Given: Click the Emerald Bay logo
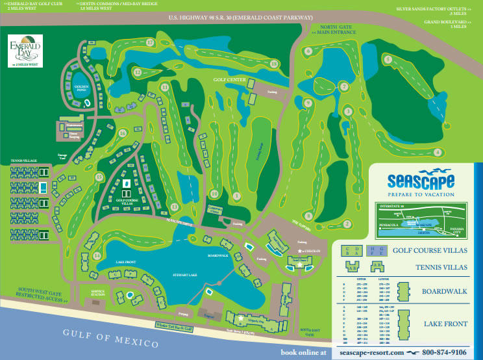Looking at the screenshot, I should tap(25, 51).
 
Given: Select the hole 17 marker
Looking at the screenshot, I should tap(150, 43).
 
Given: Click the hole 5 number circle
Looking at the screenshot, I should tap(388, 59).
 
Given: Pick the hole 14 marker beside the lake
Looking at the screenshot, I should tap(97, 255).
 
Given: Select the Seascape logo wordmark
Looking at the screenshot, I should tap(420, 181).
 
